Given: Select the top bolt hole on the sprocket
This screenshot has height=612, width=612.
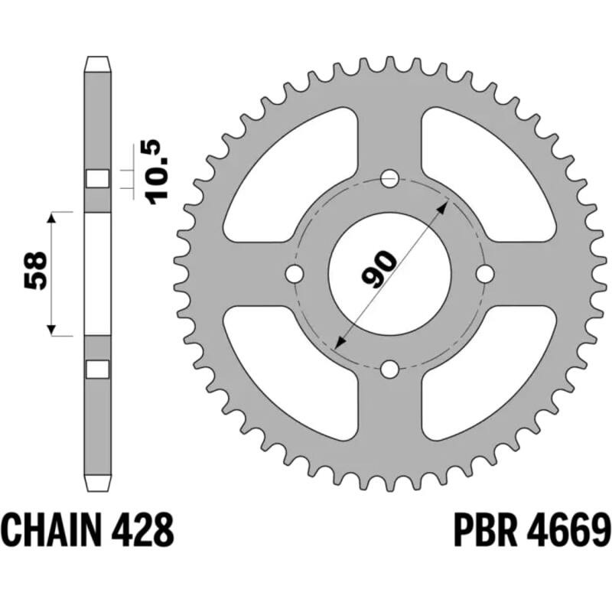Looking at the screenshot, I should tap(390, 179).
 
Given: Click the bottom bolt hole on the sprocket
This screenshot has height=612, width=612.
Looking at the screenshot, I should tap(390, 369).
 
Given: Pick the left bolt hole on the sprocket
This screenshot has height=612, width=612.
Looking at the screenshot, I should tap(295, 274).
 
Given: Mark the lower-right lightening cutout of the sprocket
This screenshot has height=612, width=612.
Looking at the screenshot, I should tap(490, 375).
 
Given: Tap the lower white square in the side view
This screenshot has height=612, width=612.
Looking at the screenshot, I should tap(96, 369).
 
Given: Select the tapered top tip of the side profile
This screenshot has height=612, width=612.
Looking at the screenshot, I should tap(96, 62).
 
